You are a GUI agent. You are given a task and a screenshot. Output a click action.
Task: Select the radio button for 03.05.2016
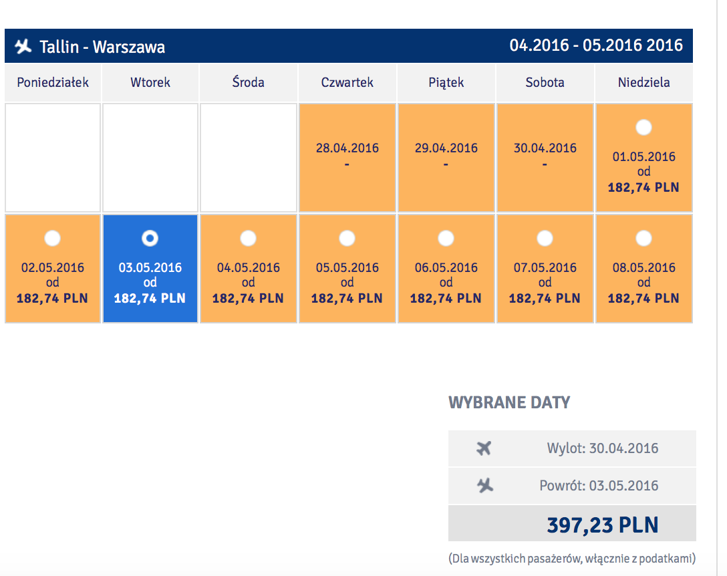[150, 239]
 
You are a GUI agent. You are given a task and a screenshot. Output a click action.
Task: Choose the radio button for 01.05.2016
[643, 127]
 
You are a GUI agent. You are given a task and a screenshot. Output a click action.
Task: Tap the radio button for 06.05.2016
[446, 239]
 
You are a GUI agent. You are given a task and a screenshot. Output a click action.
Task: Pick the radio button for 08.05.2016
[643, 239]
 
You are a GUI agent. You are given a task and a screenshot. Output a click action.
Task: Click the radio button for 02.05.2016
[52, 239]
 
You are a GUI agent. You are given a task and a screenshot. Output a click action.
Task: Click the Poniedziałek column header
[53, 83]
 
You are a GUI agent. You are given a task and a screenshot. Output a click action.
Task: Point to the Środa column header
[248, 82]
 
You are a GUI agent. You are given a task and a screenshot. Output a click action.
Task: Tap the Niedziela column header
[643, 83]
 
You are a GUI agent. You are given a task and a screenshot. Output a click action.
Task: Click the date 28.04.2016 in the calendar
[347, 148]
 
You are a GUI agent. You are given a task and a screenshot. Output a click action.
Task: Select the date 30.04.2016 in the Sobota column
[545, 148]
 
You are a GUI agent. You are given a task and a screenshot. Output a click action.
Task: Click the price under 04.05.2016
[248, 298]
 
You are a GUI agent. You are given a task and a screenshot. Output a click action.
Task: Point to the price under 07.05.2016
[545, 298]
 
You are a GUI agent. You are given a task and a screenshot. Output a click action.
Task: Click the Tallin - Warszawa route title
[102, 47]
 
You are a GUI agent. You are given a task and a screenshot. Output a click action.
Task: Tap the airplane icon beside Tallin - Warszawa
[23, 46]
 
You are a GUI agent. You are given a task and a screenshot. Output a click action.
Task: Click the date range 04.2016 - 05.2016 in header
[596, 45]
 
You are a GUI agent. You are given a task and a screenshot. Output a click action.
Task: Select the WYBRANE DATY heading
[509, 402]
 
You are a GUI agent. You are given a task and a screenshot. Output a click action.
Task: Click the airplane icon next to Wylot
[484, 448]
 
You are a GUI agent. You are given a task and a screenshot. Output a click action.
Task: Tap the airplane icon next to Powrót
[485, 486]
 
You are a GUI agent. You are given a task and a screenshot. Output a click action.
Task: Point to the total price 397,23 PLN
[603, 525]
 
